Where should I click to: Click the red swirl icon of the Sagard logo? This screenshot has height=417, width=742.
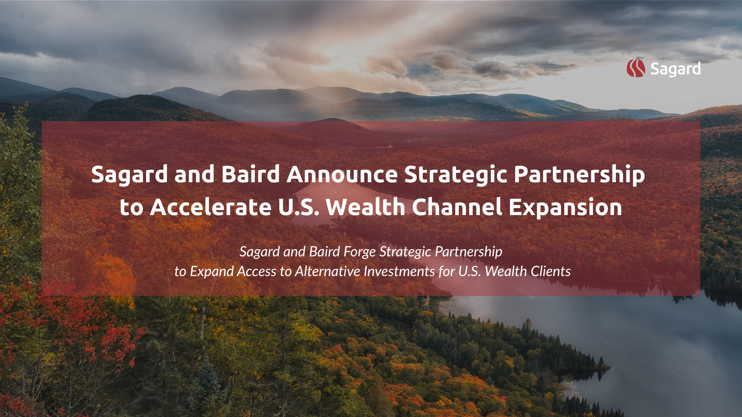pos(636,68)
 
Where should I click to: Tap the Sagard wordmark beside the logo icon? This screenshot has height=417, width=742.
pos(676,69)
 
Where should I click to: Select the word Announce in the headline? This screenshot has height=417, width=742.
pos(342,174)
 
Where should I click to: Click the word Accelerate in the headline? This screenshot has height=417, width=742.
pos(211,207)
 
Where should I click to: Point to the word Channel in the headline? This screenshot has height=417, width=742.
pos(457,207)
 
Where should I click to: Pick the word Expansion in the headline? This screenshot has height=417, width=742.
pos(565,208)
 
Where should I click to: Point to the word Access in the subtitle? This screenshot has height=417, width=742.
pos(257,271)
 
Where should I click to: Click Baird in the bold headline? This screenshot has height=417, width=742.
pos(250,174)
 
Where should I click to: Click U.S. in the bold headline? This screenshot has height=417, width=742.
pos(298,207)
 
